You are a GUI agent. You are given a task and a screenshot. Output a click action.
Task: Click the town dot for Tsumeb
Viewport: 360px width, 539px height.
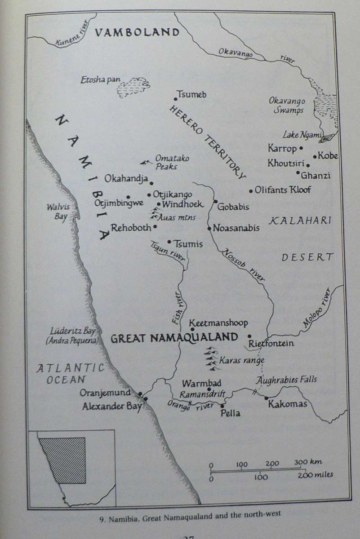[176, 99]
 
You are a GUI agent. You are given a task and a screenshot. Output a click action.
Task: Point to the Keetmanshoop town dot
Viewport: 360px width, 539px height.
[192, 329]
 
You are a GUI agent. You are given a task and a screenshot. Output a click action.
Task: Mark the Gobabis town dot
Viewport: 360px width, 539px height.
[216, 201]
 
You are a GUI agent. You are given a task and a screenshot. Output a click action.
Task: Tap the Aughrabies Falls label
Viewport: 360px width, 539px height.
[286, 380]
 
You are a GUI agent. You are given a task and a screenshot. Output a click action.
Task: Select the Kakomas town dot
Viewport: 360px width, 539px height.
[266, 398]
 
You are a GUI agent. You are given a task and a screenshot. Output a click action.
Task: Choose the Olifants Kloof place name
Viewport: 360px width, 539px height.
[283, 190]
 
